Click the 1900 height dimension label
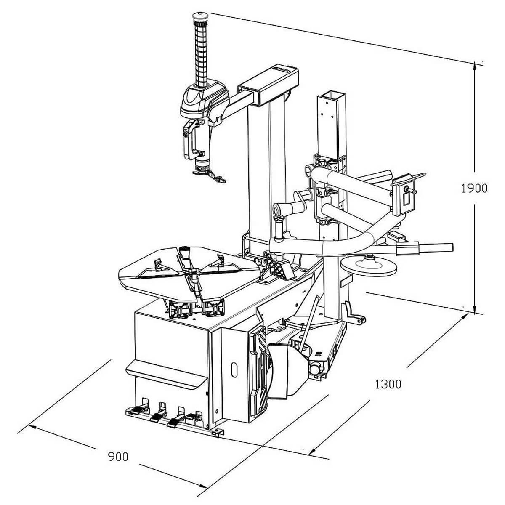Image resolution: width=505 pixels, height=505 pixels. tap(474, 189)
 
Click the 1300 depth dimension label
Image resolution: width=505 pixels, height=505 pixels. tap(388, 384)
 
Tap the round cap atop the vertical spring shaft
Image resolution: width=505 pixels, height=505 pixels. tap(200, 16)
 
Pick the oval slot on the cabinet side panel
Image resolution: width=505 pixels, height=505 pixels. tap(234, 370)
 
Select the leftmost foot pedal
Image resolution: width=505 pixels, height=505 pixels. tap(136, 410)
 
